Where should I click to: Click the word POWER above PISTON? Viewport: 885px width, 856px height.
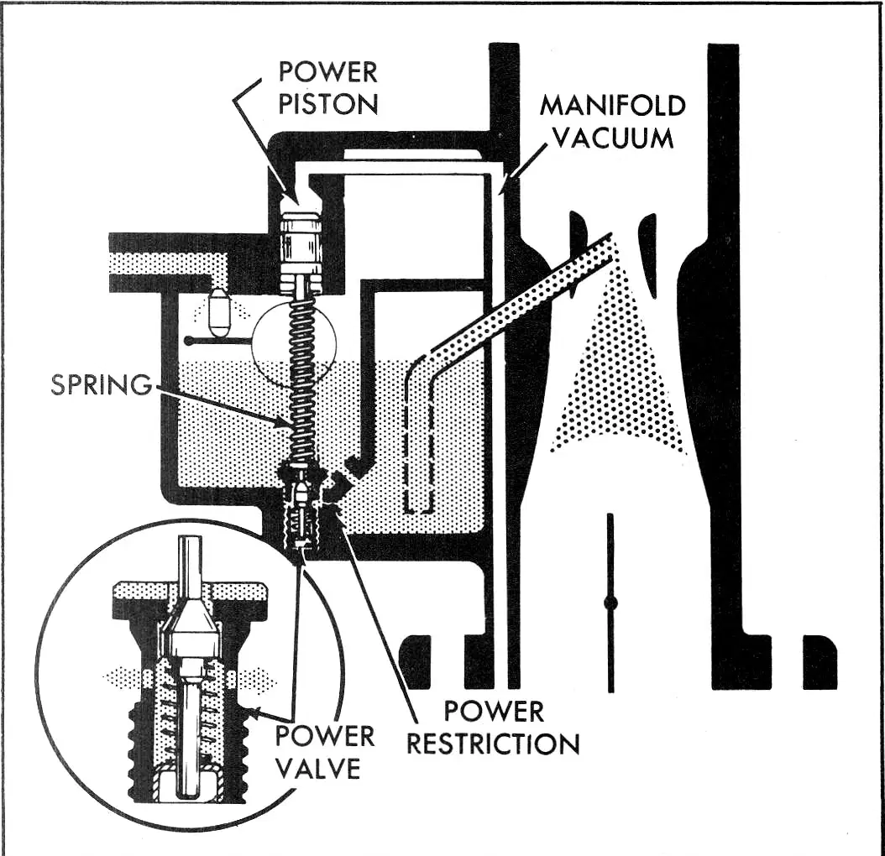pyautogui.click(x=328, y=71)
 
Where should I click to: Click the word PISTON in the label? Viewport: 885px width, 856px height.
pyautogui.click(x=328, y=104)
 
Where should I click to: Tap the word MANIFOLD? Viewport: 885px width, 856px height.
pyautogui.click(x=613, y=105)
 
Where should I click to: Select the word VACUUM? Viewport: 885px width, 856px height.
pyautogui.click(x=613, y=138)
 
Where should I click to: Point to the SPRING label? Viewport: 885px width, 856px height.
pyautogui.click(x=102, y=385)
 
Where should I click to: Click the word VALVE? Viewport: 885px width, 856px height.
pyautogui.click(x=319, y=768)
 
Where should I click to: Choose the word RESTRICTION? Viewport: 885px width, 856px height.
pyautogui.click(x=493, y=744)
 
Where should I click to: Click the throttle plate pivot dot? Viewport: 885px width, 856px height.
pyautogui.click(x=610, y=603)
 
